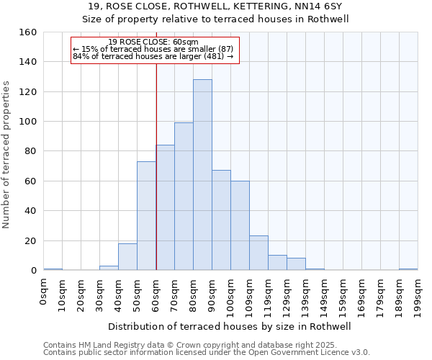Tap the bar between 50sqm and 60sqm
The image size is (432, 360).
pyautogui.click(x=146, y=216)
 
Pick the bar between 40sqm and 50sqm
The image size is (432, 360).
pyautogui.click(x=127, y=257)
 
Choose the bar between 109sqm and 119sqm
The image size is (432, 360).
pyautogui.click(x=258, y=253)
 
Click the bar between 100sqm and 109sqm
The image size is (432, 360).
pyautogui.click(x=240, y=226)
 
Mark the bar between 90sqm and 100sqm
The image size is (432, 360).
pyautogui.click(x=221, y=220)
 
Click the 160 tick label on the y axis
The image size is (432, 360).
pyautogui.click(x=28, y=32)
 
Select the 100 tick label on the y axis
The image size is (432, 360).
pyautogui.click(x=28, y=122)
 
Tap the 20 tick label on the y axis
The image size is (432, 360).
pyautogui.click(x=31, y=240)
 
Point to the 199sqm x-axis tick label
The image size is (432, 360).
pyautogui.click(x=418, y=294)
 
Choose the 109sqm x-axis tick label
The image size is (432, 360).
pyautogui.click(x=250, y=294)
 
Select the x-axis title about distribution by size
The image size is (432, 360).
pyautogui.click(x=228, y=327)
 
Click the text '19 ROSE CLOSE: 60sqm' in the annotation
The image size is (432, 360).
pyautogui.click(x=153, y=42)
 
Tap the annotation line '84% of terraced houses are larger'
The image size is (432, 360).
pyautogui.click(x=153, y=56)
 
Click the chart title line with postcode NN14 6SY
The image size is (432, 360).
pyautogui.click(x=215, y=6)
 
